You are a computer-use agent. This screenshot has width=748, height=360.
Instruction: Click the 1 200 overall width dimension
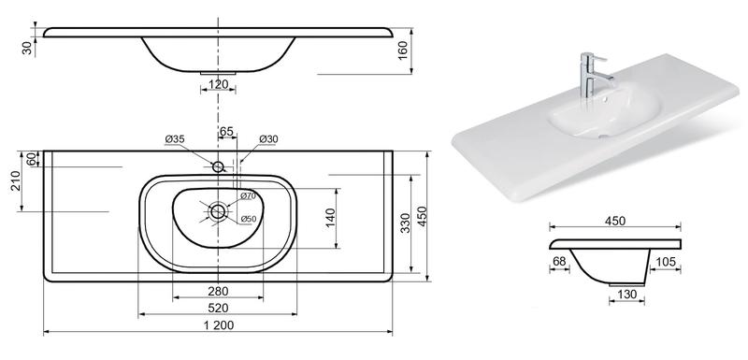point(218,325)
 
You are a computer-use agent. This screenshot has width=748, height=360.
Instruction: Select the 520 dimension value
point(218,308)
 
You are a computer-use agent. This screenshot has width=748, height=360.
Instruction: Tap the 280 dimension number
point(218,291)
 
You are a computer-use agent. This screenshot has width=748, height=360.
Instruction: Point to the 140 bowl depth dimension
point(332,218)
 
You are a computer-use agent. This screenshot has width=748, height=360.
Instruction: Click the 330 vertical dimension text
point(405,223)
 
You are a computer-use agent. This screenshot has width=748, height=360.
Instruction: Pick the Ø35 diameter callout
point(175,139)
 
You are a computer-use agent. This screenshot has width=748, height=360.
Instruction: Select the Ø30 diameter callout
point(268,139)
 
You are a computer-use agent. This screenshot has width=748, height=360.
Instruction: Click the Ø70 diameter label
point(248,195)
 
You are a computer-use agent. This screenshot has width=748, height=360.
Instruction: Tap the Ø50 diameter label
point(249,219)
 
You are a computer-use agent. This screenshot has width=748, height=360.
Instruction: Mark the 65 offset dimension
point(226,131)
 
